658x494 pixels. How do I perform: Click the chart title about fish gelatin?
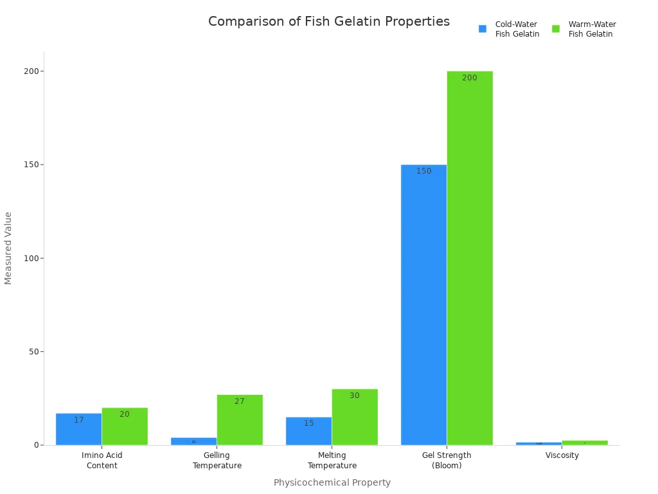click(x=328, y=22)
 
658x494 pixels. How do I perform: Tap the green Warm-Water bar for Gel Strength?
click(x=470, y=258)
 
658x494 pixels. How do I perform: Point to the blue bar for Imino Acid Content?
click(x=78, y=429)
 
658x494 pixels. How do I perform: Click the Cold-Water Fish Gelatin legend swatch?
click(x=483, y=29)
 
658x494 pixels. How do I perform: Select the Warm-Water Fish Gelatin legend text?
click(x=592, y=29)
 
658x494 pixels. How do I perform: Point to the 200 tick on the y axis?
click(x=30, y=71)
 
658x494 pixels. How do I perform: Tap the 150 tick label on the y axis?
click(x=30, y=165)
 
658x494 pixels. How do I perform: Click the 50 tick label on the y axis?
click(x=32, y=352)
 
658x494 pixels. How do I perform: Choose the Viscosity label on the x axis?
click(x=562, y=455)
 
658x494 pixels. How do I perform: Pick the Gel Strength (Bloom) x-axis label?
click(x=447, y=461)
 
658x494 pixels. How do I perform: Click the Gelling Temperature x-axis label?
click(x=217, y=461)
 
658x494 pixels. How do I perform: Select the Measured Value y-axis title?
click(x=8, y=248)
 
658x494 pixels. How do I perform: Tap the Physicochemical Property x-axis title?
click(x=332, y=482)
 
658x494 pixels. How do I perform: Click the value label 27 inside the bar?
click(x=239, y=401)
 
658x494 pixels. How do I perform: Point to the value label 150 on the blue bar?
click(x=423, y=171)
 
